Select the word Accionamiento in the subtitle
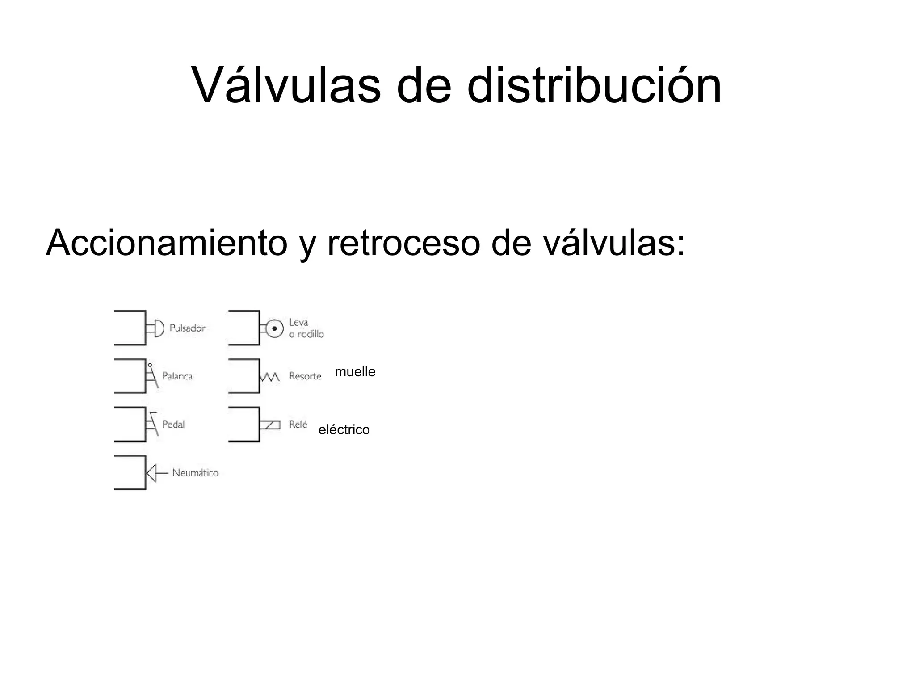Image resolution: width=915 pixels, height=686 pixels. [166, 243]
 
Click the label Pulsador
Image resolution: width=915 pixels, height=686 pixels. [187, 328]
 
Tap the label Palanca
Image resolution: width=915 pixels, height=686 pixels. [177, 376]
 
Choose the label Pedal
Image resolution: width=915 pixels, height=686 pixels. [173, 425]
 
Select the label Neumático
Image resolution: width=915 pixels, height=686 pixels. [195, 473]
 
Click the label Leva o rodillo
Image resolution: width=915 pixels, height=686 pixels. [306, 328]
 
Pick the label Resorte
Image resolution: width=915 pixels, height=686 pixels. [305, 376]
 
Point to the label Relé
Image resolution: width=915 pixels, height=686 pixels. [298, 425]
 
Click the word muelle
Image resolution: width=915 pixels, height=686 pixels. [355, 372]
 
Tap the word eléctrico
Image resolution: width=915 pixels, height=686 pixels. [344, 430]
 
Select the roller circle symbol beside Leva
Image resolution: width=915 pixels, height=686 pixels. [274, 328]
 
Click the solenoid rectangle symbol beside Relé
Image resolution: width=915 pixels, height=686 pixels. [271, 425]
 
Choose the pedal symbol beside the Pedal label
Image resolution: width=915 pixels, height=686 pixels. [152, 424]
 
